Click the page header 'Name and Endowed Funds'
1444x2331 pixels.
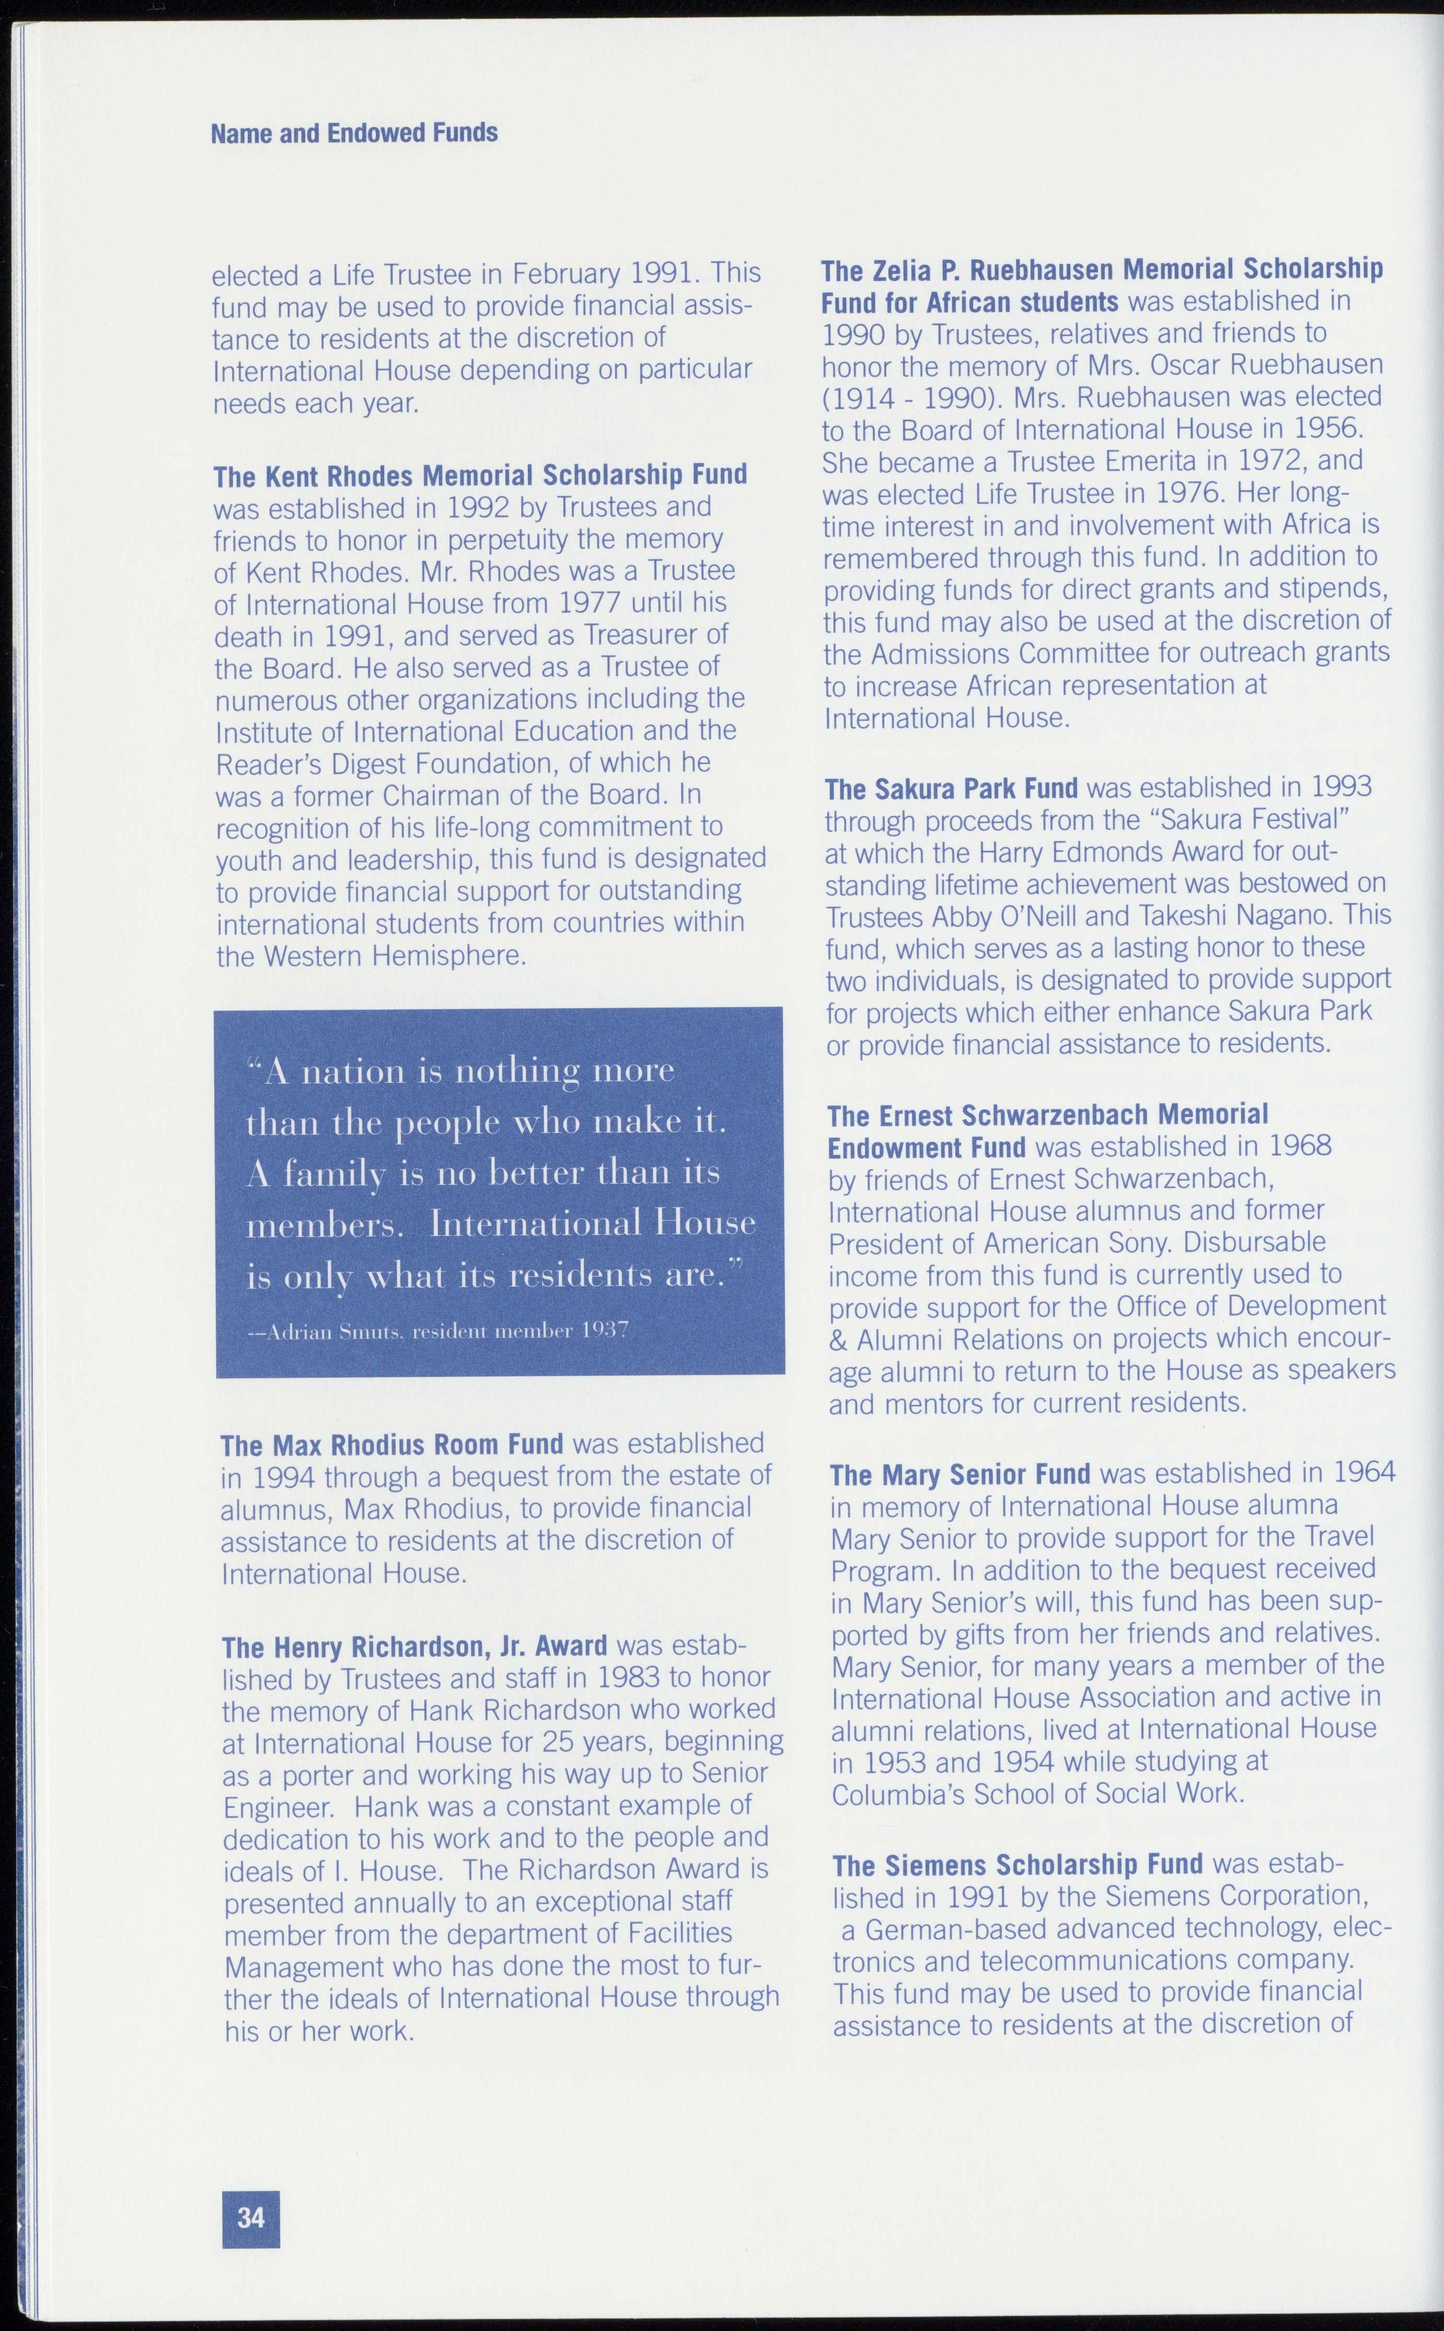pos(354,133)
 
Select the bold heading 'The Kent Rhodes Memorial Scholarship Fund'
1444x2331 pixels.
pos(480,475)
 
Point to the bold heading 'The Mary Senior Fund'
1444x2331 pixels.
pos(960,1475)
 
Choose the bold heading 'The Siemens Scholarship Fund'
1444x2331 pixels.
pos(1018,1865)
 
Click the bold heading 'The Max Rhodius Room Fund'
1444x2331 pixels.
pos(391,1444)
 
